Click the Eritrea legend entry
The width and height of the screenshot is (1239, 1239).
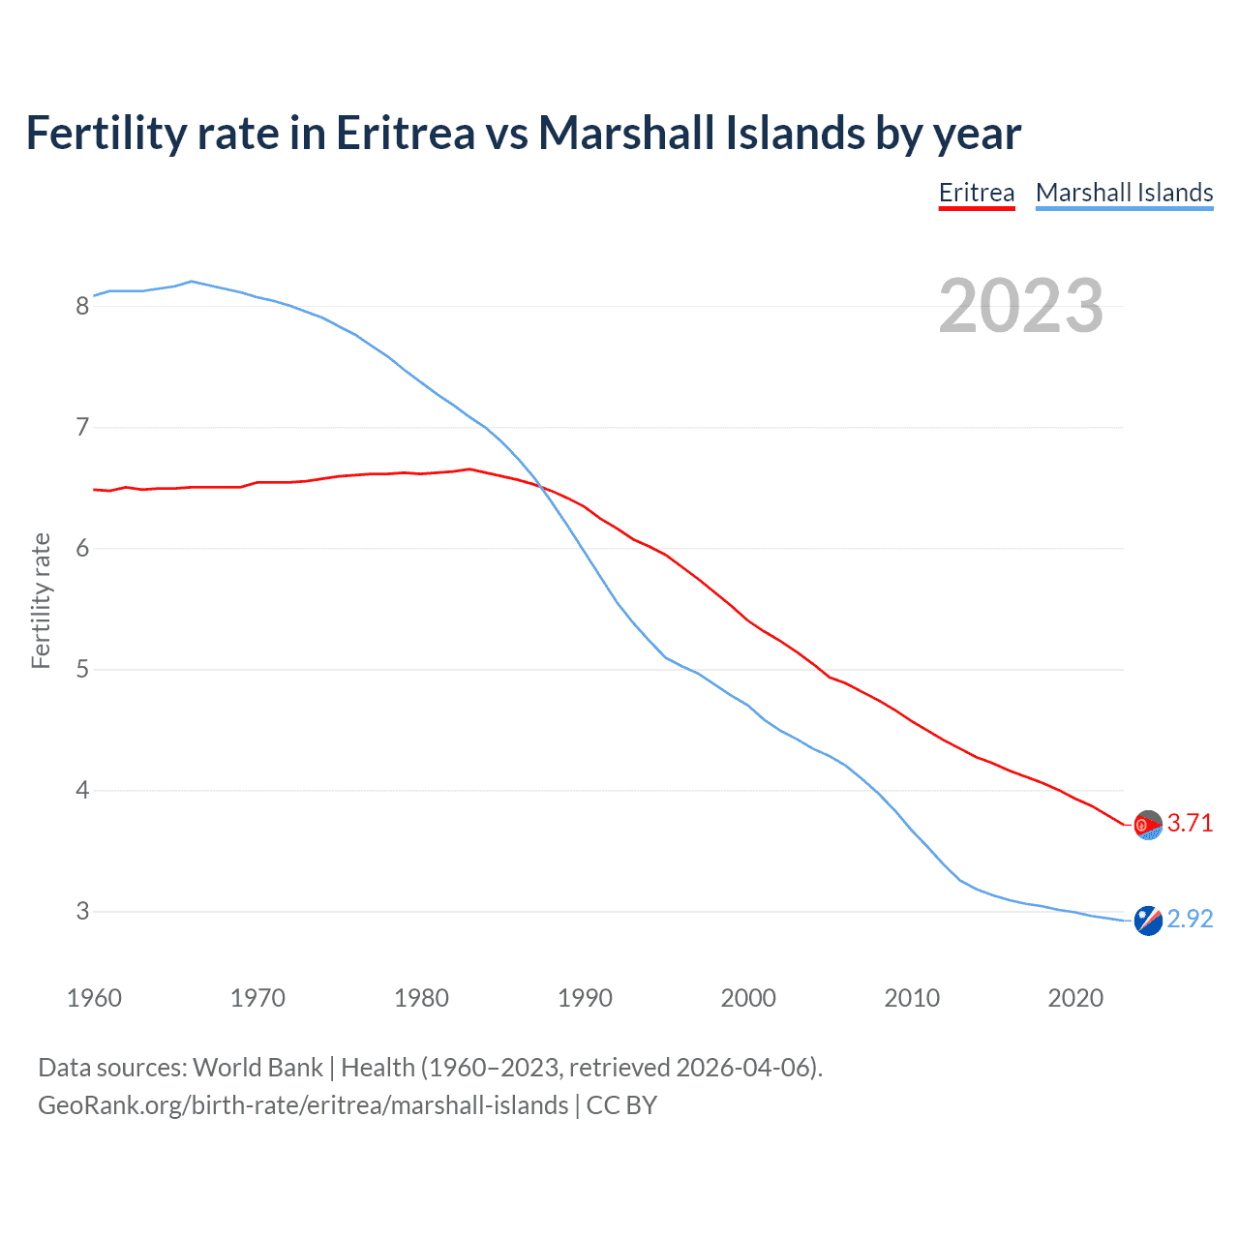[977, 193]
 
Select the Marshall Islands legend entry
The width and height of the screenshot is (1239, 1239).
[1124, 193]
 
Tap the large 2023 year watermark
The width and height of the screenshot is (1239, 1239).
[1021, 306]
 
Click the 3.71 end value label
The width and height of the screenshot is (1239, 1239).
[1190, 823]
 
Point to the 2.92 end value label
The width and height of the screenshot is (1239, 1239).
[1190, 919]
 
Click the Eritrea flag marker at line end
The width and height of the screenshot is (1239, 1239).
[1148, 825]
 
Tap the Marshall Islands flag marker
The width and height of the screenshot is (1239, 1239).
[1148, 921]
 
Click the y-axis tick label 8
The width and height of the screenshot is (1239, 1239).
[82, 307]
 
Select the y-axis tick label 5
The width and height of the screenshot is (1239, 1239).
[82, 670]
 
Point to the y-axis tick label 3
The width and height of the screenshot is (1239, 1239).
[82, 912]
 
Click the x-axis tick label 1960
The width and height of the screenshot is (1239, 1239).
[94, 998]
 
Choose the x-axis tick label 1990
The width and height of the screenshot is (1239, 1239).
[585, 998]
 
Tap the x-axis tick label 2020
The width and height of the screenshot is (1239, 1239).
[1075, 998]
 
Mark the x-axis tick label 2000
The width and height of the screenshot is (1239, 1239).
[748, 998]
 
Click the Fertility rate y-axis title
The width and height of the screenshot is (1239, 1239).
[41, 600]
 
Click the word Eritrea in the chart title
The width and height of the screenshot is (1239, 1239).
[406, 134]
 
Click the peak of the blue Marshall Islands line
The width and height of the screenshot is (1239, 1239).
[192, 282]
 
